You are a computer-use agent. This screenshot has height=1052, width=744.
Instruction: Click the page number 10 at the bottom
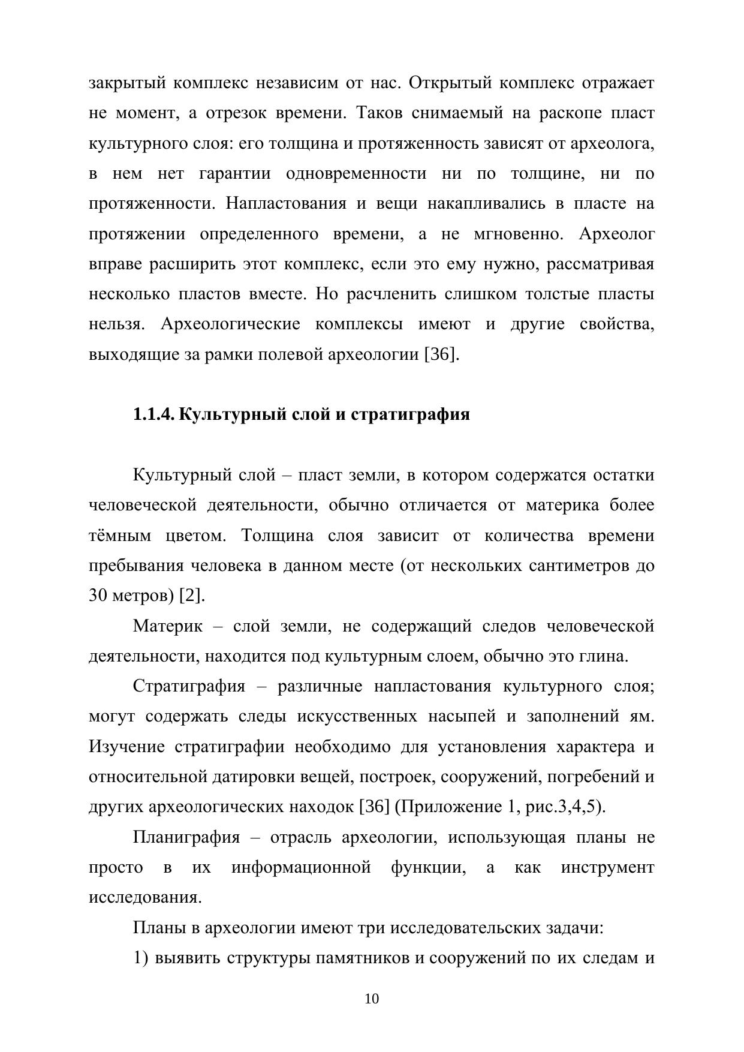tap(372, 999)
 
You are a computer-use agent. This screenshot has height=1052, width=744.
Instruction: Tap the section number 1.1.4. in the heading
tap(153, 414)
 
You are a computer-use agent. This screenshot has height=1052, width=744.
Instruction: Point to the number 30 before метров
tap(98, 596)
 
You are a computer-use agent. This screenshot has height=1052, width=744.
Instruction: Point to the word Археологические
tap(230, 324)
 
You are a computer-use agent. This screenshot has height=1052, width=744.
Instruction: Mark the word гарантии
tap(234, 174)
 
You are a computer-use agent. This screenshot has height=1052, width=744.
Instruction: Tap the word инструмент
tap(607, 867)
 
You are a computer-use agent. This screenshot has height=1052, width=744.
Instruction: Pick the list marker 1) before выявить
tap(140, 958)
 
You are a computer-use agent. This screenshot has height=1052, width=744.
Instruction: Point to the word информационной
tap(301, 867)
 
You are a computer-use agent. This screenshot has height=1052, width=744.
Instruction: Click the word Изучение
tap(126, 747)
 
